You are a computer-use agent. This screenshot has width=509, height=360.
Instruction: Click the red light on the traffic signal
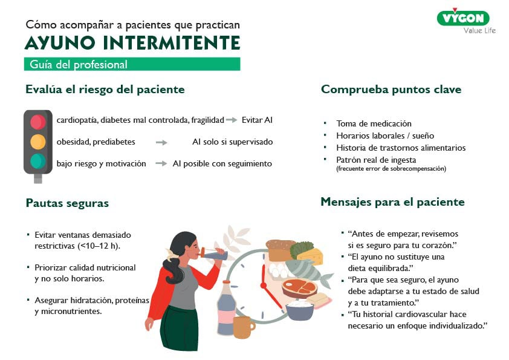pos(38,122)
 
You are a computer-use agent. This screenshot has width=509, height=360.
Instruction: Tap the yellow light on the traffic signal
pos(38,142)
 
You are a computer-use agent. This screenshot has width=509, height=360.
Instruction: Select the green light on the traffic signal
pos(38,161)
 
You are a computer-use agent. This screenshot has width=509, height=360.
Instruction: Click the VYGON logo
pos(463,18)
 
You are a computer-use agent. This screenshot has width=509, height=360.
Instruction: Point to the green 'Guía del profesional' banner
pos(132,64)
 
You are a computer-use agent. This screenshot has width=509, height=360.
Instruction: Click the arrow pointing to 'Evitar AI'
pos(232,120)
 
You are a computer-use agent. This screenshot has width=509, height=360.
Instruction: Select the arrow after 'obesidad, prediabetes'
pos(161,142)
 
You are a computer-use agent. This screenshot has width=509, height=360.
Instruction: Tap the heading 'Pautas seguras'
pos(67,203)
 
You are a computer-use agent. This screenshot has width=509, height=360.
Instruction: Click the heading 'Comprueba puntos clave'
pos(391,90)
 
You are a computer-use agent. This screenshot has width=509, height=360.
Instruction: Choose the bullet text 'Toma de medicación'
pos(374,123)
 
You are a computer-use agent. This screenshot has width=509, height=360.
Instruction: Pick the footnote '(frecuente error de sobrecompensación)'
pos(391,169)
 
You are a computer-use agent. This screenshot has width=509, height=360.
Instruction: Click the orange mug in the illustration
pos(243,327)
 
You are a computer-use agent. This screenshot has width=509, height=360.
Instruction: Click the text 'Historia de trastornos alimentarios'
pos(401,148)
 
